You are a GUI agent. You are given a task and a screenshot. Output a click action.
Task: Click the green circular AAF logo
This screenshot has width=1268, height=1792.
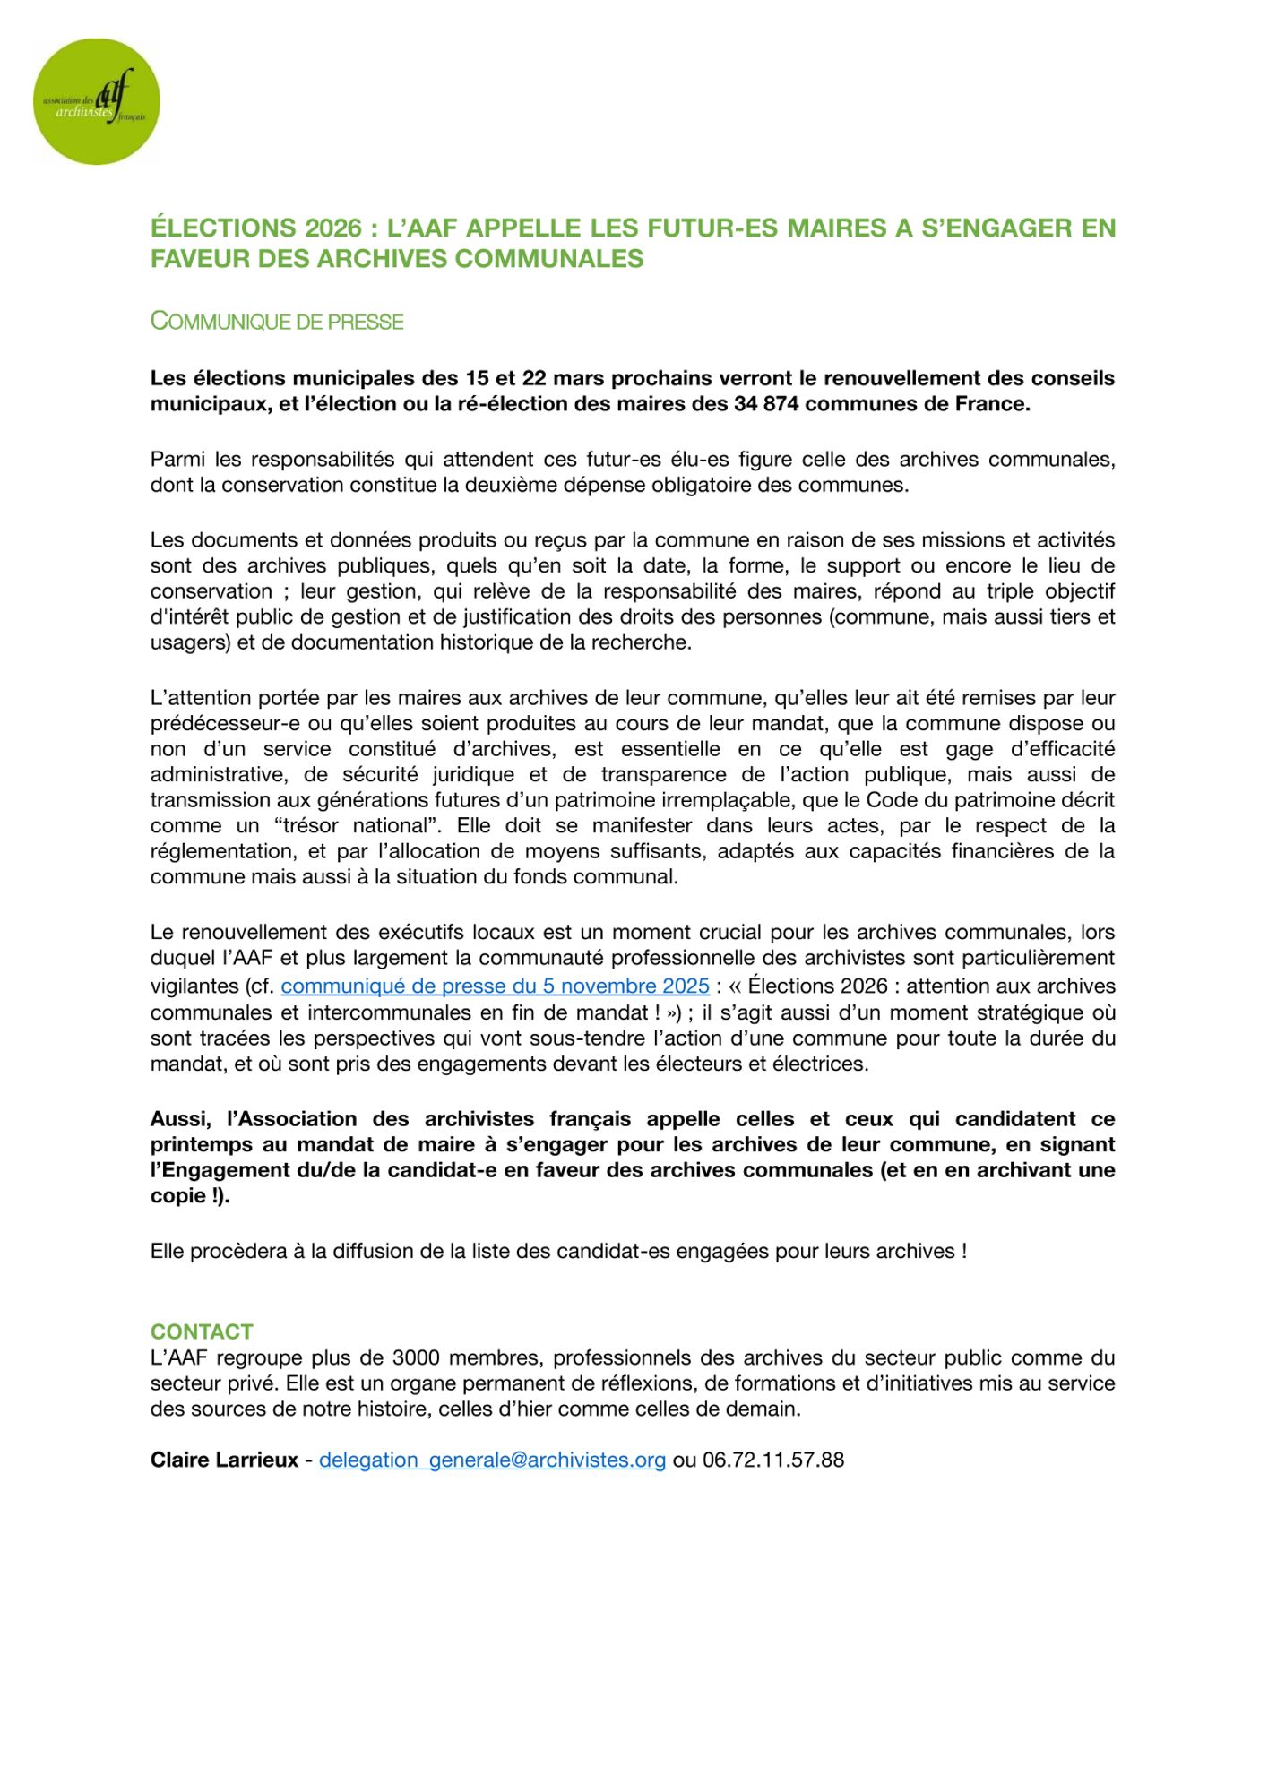pos(96,101)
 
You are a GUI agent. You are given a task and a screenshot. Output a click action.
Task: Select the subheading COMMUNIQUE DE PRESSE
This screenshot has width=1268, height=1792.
pos(277,322)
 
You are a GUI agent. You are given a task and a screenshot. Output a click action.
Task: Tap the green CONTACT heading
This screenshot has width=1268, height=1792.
pos(202,1331)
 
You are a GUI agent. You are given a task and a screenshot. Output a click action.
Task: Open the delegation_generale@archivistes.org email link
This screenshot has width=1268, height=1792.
pos(492,1460)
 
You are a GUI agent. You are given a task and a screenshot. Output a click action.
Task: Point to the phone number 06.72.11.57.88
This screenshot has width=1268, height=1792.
pos(773,1460)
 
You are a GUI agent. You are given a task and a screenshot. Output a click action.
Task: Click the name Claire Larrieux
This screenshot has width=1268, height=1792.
pos(224,1460)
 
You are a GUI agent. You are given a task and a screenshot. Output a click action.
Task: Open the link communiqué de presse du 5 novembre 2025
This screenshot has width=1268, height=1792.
pos(495,986)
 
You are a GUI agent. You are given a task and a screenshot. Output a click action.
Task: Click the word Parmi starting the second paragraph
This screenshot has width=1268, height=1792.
pos(179,460)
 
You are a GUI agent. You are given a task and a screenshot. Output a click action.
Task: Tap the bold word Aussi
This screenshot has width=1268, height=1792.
pos(180,1119)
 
